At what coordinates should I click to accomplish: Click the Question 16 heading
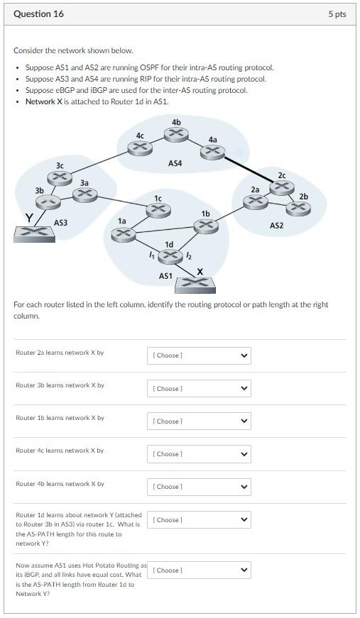(38, 13)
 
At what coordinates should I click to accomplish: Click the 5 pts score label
(337, 14)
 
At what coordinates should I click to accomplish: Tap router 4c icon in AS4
(140, 147)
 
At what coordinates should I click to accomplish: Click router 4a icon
(213, 151)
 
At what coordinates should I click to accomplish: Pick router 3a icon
(84, 194)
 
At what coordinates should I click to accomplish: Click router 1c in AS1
(158, 209)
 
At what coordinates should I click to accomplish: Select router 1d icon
(169, 256)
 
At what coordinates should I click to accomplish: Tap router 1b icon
(205, 225)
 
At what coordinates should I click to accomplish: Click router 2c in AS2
(282, 187)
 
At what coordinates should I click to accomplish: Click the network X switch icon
(195, 285)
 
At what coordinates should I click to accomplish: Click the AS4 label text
(175, 163)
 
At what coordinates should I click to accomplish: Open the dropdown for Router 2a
(198, 355)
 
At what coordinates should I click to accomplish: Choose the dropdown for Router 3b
(198, 388)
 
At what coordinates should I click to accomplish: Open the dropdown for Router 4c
(198, 453)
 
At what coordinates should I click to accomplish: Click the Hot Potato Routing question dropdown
(198, 570)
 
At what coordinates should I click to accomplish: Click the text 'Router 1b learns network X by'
(60, 418)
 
